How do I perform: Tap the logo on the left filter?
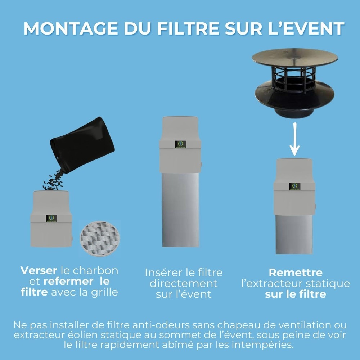51,219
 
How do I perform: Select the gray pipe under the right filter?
294,234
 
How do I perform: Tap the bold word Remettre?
295,273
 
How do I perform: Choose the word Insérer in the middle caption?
164,273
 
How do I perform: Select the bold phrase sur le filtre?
295,294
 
